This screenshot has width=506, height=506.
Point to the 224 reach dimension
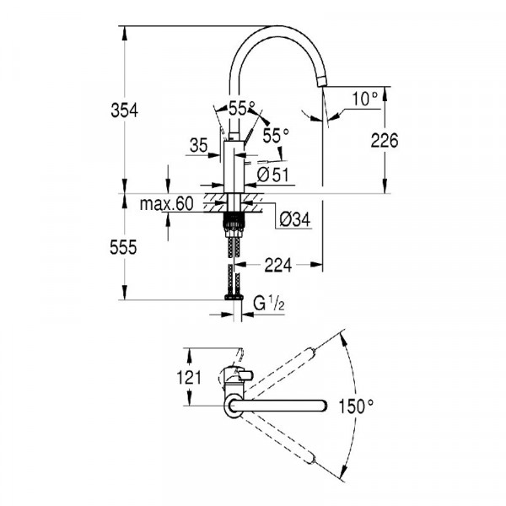[277, 265]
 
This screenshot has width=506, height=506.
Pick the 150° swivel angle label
[357, 406]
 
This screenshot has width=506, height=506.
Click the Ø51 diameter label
[269, 174]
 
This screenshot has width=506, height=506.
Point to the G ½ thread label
[268, 303]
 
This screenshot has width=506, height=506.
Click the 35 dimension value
[199, 146]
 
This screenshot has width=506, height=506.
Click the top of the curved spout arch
[278, 28]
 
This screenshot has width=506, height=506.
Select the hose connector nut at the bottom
[233, 297]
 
